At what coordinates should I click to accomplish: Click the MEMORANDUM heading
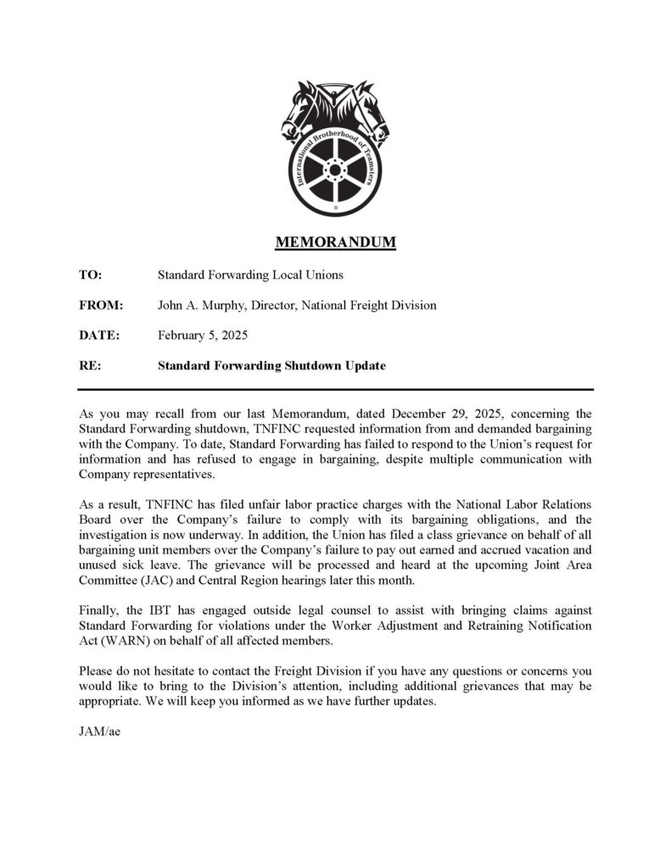pyautogui.click(x=335, y=243)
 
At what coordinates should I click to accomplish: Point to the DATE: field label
pyautogui.click(x=99, y=336)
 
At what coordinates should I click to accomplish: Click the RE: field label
pyautogui.click(x=89, y=366)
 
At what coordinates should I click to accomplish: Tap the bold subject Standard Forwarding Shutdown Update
pyautogui.click(x=271, y=366)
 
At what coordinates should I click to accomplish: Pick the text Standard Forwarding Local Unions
pyautogui.click(x=250, y=275)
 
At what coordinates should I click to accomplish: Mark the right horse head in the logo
pyautogui.click(x=371, y=114)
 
